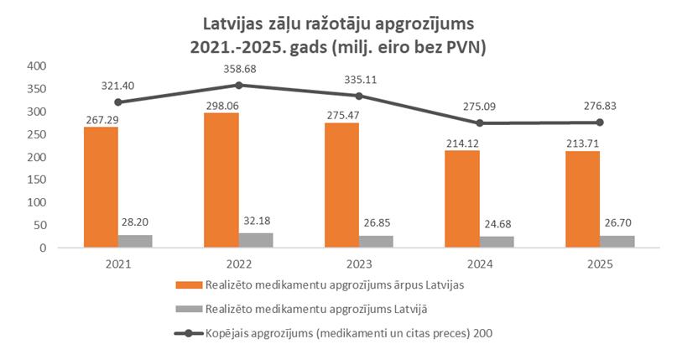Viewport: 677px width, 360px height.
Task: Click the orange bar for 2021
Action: click(100, 187)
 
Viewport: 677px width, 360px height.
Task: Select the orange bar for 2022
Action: click(221, 180)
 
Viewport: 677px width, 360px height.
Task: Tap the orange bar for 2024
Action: click(461, 199)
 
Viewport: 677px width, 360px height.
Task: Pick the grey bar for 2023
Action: click(377, 242)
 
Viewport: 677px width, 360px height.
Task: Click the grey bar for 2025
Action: click(618, 242)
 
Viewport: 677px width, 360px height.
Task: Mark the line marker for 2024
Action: click(480, 123)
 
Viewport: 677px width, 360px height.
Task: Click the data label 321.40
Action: click(118, 86)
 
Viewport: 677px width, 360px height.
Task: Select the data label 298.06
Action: click(221, 103)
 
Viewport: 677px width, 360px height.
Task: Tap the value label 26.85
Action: click(377, 224)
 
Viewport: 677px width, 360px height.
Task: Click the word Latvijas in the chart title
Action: click(238, 20)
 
